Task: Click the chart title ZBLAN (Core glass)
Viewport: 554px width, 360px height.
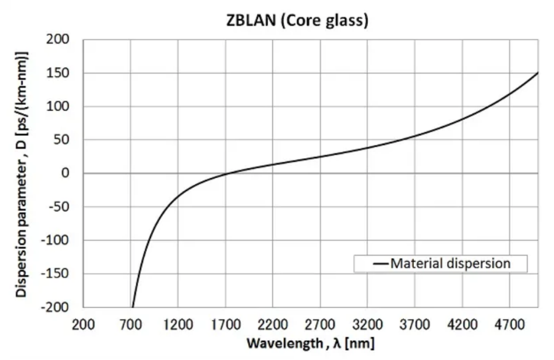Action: click(297, 20)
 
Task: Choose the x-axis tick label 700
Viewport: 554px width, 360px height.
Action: click(131, 324)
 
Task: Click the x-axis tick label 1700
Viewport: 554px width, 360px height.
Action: click(225, 324)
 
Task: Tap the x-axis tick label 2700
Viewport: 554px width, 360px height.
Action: click(320, 324)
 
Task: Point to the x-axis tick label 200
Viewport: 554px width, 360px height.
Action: click(84, 324)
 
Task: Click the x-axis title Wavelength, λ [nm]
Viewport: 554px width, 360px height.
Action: click(311, 342)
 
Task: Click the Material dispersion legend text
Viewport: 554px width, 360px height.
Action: click(450, 264)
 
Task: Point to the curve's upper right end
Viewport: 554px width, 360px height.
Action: click(537, 73)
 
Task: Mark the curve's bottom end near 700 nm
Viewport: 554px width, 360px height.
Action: click(132, 306)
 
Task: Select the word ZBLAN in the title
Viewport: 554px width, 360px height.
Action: click(247, 20)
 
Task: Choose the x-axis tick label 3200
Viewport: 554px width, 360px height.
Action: click(367, 324)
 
